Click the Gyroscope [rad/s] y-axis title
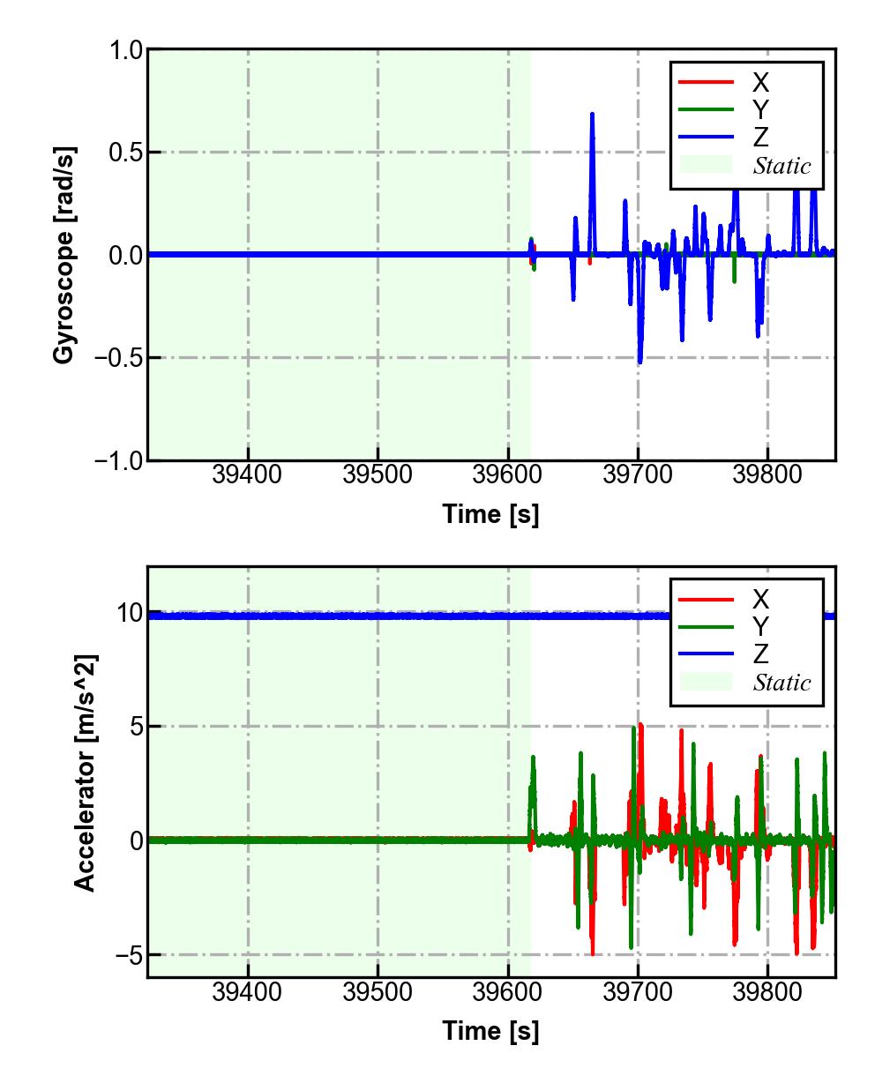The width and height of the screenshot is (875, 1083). point(63,254)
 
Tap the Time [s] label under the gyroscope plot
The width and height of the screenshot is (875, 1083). point(490,514)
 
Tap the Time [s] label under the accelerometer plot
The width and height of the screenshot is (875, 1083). point(490,1030)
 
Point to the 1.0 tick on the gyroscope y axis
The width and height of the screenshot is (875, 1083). point(126,50)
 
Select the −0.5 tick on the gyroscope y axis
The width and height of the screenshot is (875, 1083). point(120,358)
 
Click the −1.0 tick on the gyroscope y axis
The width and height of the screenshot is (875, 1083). point(120,460)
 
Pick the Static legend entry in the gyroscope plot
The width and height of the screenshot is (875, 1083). point(782,166)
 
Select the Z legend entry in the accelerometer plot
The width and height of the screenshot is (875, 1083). point(760,654)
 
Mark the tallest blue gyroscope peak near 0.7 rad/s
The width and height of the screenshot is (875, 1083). point(592,115)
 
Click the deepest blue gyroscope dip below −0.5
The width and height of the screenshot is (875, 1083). point(639,362)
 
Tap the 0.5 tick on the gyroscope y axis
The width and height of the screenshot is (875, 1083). point(126,153)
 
